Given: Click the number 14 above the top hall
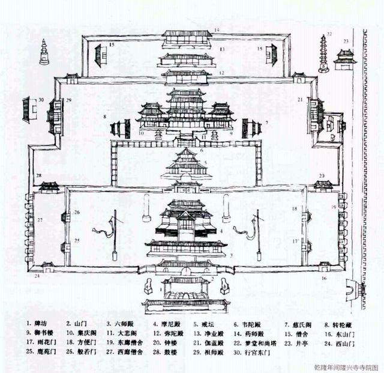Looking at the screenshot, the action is [x=218, y=29].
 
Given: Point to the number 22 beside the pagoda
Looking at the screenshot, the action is [x=329, y=35].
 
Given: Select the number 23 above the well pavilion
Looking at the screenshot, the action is [x=346, y=41].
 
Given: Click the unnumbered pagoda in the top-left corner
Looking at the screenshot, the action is [x=44, y=53].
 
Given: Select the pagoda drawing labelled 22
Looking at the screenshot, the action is [x=324, y=54].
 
